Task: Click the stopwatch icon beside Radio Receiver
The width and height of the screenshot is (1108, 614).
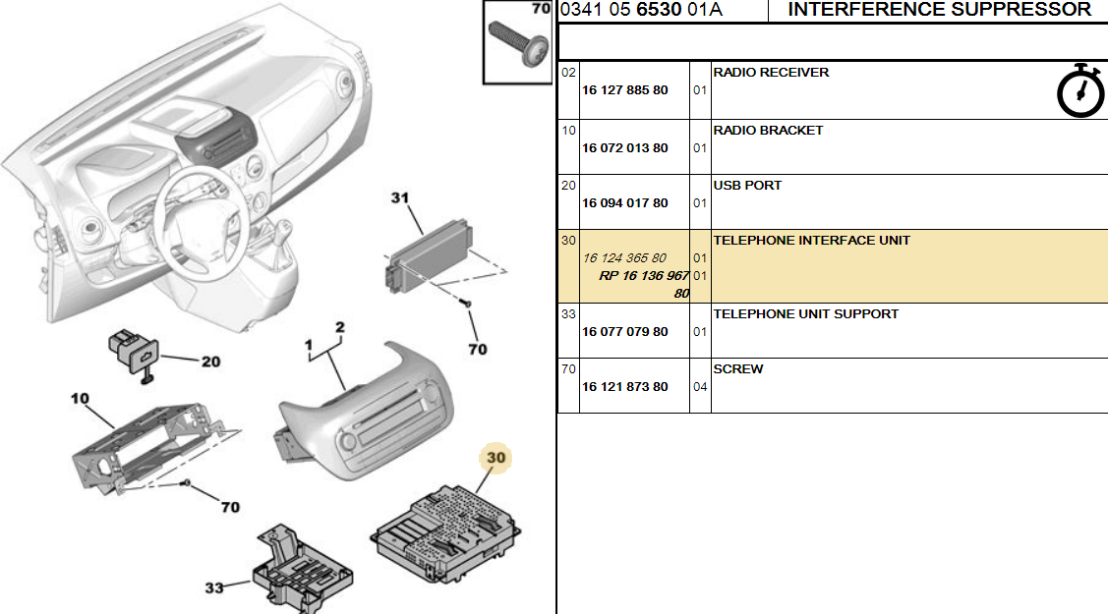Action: (x=1080, y=91)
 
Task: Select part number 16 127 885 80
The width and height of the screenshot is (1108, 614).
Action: (x=624, y=90)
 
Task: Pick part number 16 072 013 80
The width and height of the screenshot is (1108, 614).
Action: (x=624, y=148)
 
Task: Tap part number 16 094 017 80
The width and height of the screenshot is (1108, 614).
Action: (x=624, y=203)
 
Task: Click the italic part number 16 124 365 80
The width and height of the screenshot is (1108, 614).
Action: (x=624, y=258)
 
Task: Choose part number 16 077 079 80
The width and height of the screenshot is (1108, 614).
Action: (x=624, y=332)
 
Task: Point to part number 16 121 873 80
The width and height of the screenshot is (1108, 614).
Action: (x=624, y=387)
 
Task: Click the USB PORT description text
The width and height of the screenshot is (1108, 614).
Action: (x=747, y=186)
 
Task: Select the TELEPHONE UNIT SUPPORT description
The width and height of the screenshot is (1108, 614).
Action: (x=805, y=314)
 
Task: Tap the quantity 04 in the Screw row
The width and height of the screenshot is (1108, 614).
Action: (x=700, y=387)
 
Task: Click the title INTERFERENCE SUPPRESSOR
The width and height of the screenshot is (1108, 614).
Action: (x=939, y=9)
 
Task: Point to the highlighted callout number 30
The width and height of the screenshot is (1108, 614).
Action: (x=496, y=458)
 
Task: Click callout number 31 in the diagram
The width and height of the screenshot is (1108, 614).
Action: (x=400, y=198)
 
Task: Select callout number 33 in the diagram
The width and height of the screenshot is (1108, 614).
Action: (x=214, y=587)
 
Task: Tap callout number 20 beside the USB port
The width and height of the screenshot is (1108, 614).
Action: (x=210, y=363)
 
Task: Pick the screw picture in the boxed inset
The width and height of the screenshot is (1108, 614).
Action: (x=518, y=44)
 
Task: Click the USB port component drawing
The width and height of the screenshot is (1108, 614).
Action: (x=135, y=355)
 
